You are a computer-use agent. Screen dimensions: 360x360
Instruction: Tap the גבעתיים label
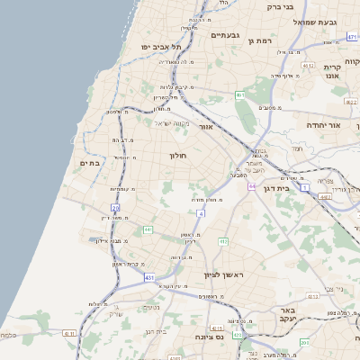(225, 35)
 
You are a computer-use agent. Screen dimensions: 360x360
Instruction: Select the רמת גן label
(263, 40)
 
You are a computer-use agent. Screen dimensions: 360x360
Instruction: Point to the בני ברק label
(281, 7)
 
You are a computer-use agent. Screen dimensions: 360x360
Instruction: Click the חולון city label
(177, 156)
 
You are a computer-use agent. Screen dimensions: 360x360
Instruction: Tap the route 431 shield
(148, 277)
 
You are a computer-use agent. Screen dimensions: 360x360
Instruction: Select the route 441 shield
(147, 229)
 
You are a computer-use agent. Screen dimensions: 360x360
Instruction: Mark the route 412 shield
(223, 241)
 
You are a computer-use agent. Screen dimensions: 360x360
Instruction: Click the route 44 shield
(252, 186)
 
